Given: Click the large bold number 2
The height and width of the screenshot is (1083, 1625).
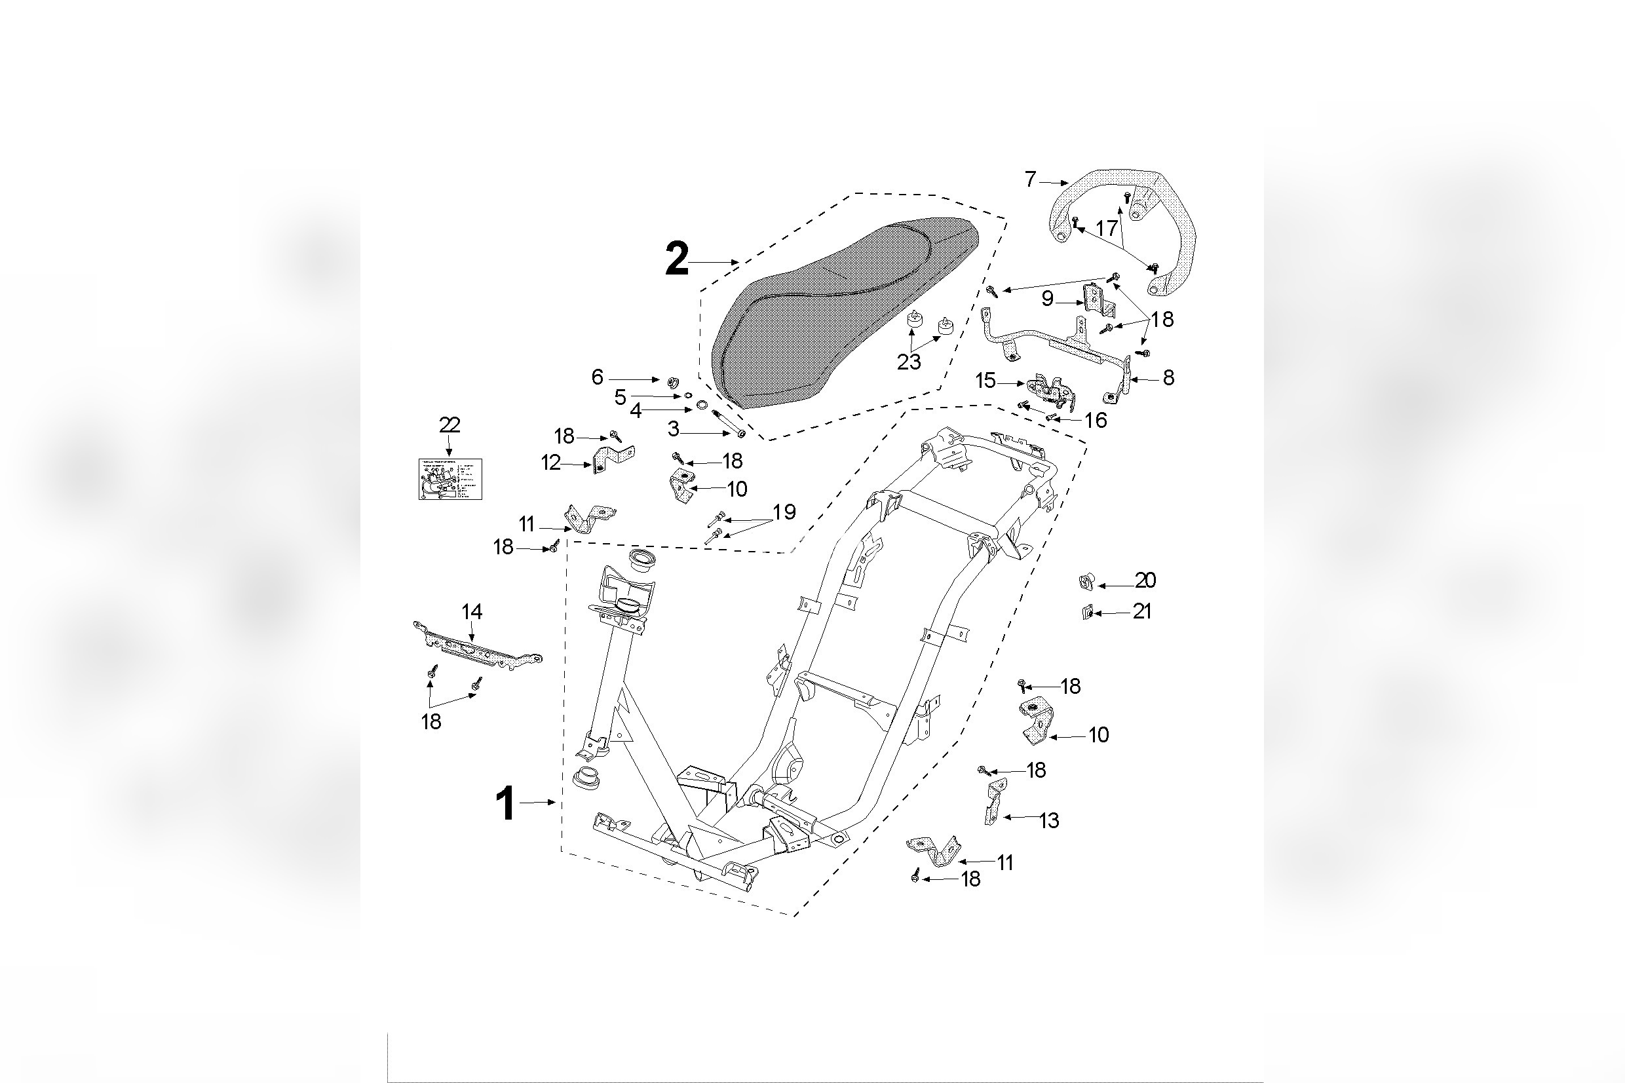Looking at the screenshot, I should tap(676, 260).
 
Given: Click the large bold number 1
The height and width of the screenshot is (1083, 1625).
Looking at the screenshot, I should tap(506, 804).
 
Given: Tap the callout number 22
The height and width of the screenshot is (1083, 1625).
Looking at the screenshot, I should tap(449, 425).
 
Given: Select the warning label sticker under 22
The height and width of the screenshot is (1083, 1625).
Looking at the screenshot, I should tap(449, 480).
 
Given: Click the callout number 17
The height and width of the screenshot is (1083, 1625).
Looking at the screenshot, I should tap(1106, 228).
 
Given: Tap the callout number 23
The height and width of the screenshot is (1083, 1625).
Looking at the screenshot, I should tap(908, 362).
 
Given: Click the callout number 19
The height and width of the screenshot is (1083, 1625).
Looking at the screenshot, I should tap(784, 512).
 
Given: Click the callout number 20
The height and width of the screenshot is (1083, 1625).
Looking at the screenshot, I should tap(1145, 580).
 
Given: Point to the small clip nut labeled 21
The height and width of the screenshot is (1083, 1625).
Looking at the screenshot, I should tap(1086, 612).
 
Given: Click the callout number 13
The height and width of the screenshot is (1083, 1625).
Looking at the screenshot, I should tap(1048, 820).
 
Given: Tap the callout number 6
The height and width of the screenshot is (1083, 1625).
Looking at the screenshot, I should tap(598, 377).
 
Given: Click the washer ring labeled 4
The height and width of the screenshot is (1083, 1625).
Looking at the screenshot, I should tap(702, 405).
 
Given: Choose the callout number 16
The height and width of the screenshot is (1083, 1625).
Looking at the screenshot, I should tap(1096, 420).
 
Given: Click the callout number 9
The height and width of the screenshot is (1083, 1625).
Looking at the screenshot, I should tap(1047, 299).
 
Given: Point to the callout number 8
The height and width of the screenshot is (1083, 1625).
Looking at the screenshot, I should tap(1168, 378).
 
